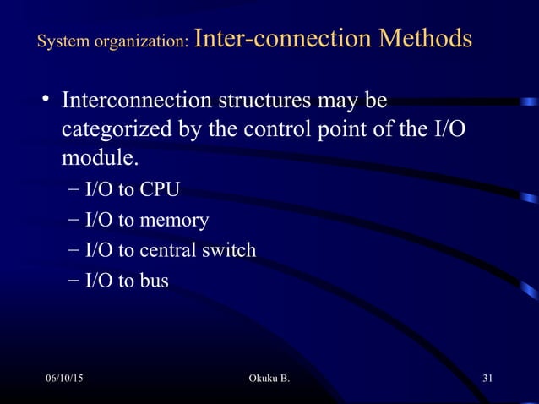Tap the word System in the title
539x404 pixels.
60,42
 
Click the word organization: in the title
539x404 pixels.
139,42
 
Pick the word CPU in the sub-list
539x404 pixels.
160,189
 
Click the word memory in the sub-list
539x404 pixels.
177,221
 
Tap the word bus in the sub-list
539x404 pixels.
154,281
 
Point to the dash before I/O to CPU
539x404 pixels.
73,189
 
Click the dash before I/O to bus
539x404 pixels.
73,281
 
